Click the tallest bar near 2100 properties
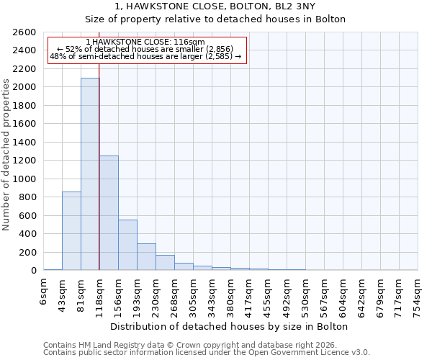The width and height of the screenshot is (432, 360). [90, 174]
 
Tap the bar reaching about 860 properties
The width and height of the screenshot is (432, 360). [71, 230]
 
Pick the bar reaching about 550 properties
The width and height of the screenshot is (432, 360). [127, 245]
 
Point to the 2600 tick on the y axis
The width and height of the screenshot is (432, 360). [24, 32]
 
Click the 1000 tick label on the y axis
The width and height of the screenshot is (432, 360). [24, 179]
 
